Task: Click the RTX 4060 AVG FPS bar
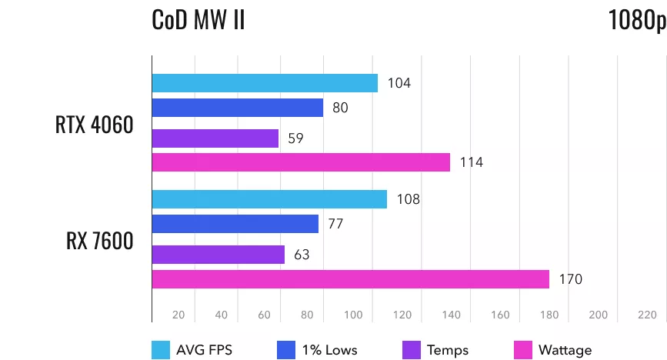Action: (265, 83)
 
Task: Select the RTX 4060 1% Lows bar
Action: (238, 108)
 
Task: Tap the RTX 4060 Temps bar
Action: (215, 138)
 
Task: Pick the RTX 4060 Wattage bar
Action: (301, 162)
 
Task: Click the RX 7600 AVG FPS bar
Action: (269, 199)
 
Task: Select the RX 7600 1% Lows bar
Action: (235, 224)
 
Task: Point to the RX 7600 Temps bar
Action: (218, 255)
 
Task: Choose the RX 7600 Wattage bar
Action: (351, 279)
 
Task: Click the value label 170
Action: (571, 279)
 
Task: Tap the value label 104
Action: (399, 83)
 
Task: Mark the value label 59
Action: (296, 138)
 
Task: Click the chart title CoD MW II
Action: (198, 19)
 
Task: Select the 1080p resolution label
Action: (636, 19)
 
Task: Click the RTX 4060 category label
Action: (95, 125)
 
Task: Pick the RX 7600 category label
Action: (100, 241)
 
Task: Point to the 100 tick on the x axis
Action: (353, 315)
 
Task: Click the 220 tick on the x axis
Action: (647, 315)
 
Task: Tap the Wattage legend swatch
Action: (523, 350)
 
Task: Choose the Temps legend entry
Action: (435, 350)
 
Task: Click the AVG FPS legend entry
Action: (192, 350)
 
